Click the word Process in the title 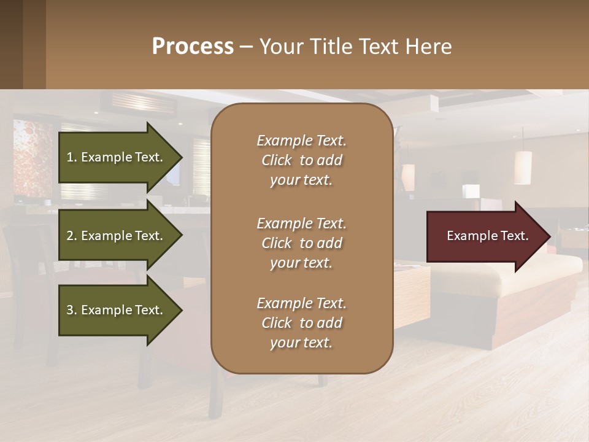193,47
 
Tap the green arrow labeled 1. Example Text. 117,157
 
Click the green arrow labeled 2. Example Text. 117,236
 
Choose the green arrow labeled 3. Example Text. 117,310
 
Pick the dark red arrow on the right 485,236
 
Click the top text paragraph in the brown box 301,160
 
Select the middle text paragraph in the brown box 301,243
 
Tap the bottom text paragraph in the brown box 301,323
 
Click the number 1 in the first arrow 70,157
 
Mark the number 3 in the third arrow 70,310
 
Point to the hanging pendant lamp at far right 523,167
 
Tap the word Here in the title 431,47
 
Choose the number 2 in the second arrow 70,236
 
